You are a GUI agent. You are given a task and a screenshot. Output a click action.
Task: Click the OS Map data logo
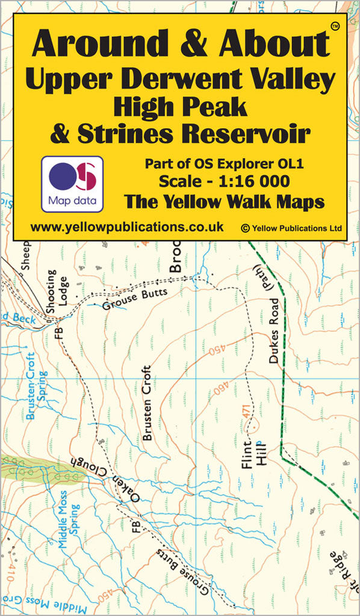click(x=72, y=183)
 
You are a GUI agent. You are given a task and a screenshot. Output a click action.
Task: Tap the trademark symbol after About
click(x=335, y=26)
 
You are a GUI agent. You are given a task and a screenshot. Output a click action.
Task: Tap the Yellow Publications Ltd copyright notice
click(x=291, y=228)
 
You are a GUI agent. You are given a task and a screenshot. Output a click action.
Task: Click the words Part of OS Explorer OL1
click(x=225, y=163)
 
